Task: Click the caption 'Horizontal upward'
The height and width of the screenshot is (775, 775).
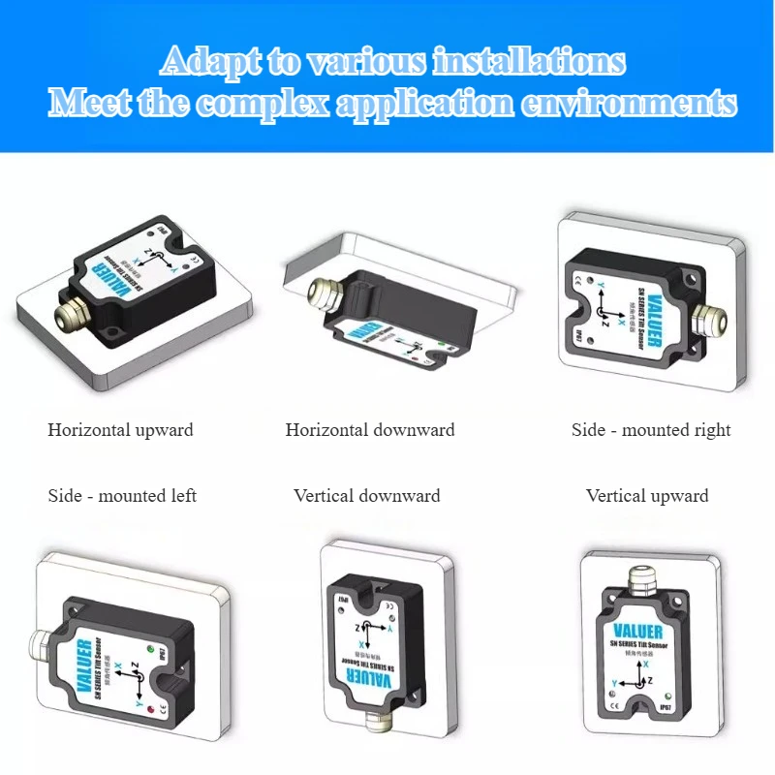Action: click(x=120, y=429)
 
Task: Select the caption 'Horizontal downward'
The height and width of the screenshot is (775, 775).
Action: click(x=370, y=429)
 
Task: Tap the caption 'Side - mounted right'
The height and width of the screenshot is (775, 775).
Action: click(x=651, y=429)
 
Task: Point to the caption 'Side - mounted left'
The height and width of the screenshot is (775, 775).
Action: click(x=122, y=496)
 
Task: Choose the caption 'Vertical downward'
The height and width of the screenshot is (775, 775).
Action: click(x=367, y=496)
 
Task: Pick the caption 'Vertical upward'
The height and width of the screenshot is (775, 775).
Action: click(x=647, y=496)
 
